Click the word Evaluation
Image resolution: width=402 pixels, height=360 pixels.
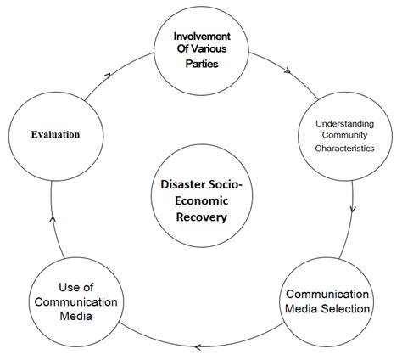(x=56, y=134)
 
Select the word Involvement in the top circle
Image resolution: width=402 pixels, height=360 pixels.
(x=203, y=37)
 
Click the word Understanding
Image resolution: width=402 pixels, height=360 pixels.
(x=344, y=123)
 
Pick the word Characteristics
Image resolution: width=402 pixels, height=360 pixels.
(x=344, y=147)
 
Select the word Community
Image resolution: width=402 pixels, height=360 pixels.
(x=344, y=135)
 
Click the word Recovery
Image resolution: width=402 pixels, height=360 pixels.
(x=202, y=217)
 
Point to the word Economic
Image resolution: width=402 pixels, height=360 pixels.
(x=202, y=200)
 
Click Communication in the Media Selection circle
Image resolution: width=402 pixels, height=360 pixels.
(x=327, y=293)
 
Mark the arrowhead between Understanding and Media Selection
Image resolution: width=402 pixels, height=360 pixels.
(x=352, y=209)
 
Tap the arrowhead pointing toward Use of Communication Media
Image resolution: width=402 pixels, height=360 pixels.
(x=197, y=346)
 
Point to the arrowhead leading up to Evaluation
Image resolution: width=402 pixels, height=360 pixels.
(x=53, y=219)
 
